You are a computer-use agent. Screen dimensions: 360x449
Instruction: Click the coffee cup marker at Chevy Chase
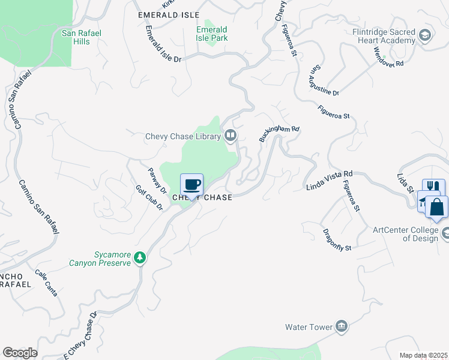191,185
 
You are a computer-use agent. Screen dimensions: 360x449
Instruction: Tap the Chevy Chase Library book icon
231,136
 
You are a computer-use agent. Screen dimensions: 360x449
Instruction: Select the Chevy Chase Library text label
183,137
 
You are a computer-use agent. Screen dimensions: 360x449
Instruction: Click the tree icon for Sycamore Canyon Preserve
139,257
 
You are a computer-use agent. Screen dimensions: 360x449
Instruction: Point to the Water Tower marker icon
342,326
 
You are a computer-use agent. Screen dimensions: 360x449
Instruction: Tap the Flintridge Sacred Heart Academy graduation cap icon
426,35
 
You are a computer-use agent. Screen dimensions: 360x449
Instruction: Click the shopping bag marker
438,207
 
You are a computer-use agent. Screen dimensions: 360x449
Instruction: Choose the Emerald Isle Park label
212,34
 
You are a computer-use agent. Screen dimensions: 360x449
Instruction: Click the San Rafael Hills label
76,37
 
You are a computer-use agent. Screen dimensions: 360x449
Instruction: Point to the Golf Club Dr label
149,197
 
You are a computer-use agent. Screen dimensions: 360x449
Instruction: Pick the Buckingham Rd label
279,133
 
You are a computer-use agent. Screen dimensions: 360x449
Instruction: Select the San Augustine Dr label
324,82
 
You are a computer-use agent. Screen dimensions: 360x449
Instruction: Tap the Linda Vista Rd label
329,179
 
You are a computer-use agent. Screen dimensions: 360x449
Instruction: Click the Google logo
20,352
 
